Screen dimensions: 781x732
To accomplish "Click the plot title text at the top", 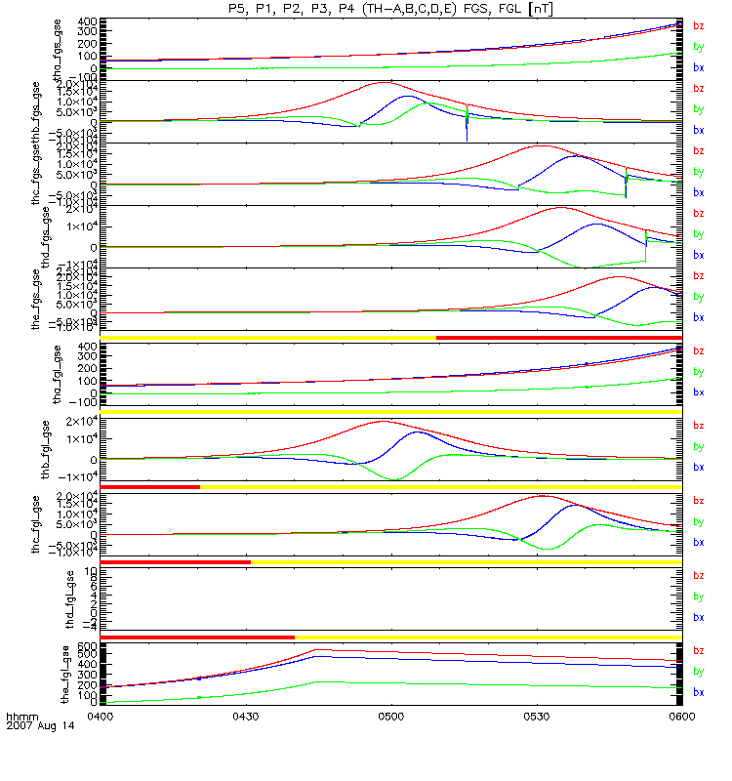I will coord(390,8).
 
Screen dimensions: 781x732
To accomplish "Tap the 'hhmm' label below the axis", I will coord(22,717).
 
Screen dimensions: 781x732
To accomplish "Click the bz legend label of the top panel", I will coord(698,26).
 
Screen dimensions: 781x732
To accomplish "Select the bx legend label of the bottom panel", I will coord(698,692).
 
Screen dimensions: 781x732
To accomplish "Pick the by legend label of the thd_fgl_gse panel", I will coord(698,596).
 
